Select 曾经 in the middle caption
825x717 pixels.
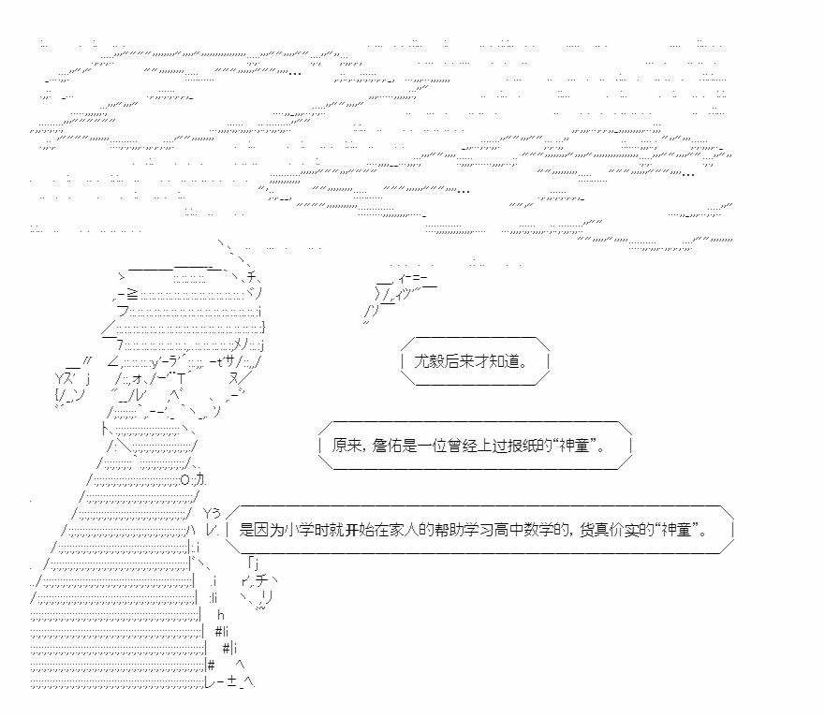coord(450,446)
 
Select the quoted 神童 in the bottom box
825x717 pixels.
coord(682,530)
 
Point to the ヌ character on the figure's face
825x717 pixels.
coord(233,378)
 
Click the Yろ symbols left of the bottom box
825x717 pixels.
coord(212,512)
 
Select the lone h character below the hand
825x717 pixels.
coord(221,614)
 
